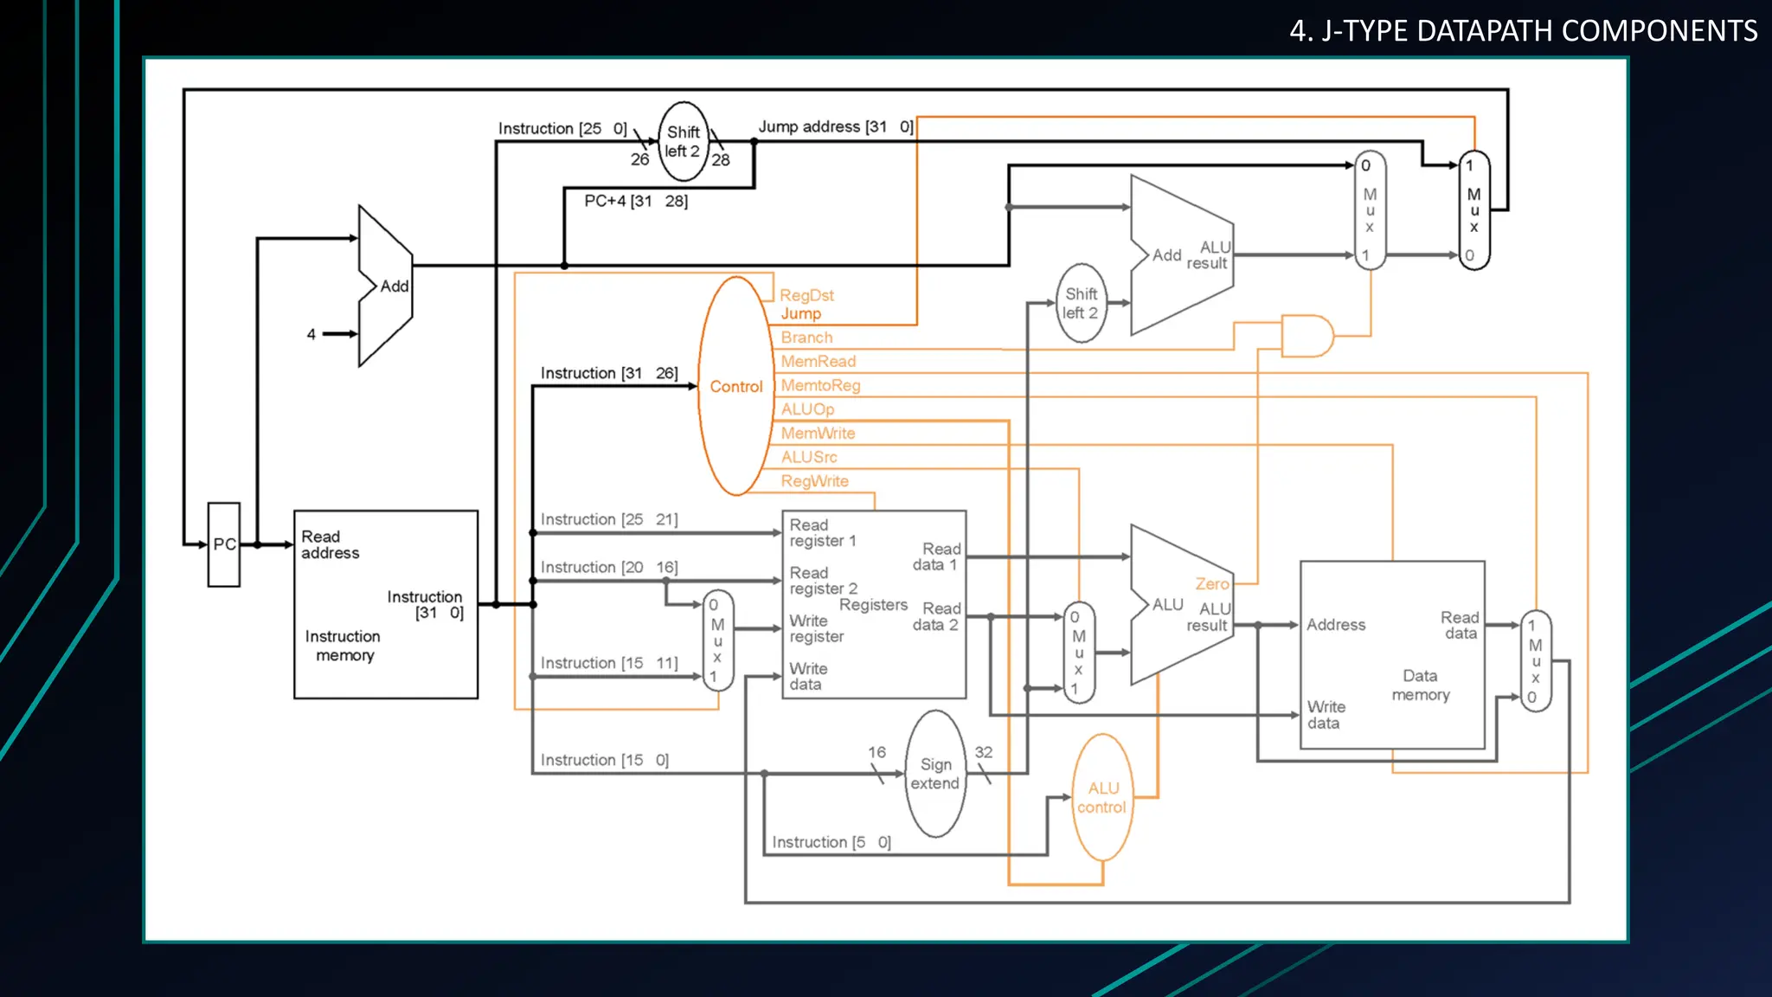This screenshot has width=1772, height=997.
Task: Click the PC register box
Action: (224, 544)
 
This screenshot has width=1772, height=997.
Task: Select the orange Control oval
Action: (735, 386)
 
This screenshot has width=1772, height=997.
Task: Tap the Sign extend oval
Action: (934, 774)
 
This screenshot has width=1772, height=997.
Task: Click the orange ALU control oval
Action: (1101, 797)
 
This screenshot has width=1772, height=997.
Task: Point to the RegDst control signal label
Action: (806, 295)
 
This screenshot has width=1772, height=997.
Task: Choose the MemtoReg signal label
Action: (820, 385)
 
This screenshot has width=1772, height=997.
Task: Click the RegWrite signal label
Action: (814, 481)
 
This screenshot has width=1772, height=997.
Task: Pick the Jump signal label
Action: (800, 314)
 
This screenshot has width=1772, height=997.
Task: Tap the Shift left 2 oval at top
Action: (683, 141)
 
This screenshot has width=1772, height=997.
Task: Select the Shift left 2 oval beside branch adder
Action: (1081, 304)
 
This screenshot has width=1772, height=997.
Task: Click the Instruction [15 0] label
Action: (604, 760)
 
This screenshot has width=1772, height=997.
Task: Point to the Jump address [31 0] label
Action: (835, 126)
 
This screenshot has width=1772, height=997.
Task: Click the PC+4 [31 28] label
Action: (636, 201)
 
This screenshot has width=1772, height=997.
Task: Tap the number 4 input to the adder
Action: (311, 334)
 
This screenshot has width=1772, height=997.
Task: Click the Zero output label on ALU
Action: (1211, 584)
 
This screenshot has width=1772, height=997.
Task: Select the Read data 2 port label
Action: (936, 616)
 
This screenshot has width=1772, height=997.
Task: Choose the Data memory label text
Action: (1420, 685)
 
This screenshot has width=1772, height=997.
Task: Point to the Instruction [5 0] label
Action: (831, 842)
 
